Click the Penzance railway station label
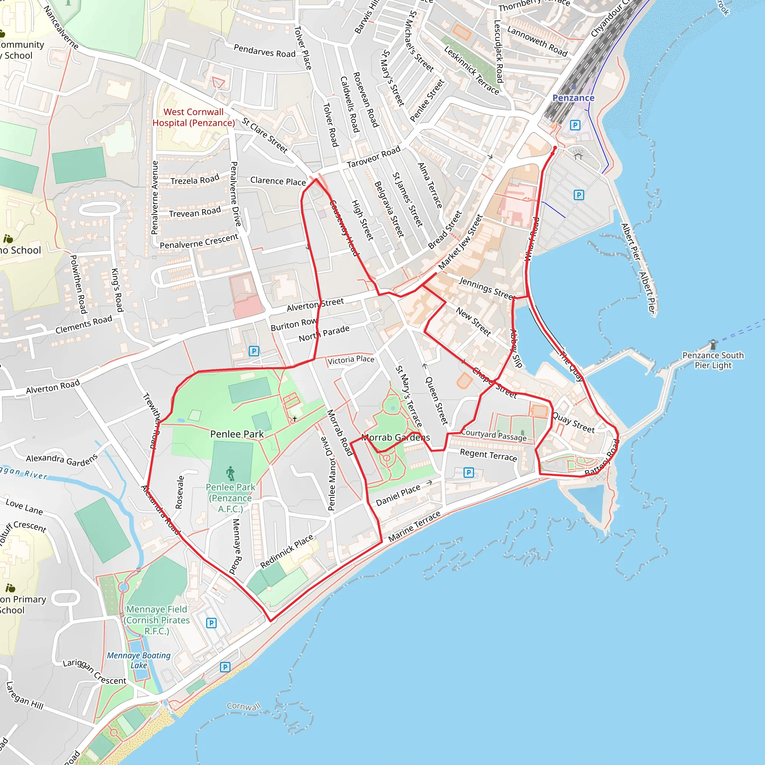(x=573, y=98)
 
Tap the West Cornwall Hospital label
(x=193, y=118)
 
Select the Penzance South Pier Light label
(x=713, y=360)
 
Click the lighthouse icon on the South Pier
(x=713, y=344)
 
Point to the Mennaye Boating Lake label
(x=139, y=660)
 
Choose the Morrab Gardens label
(x=395, y=437)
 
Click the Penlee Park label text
(x=237, y=434)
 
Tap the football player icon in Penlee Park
(x=230, y=474)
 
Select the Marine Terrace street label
(x=414, y=526)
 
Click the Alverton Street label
(x=315, y=304)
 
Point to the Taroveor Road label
(x=374, y=157)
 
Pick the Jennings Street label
(x=487, y=288)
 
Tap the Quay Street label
(x=573, y=423)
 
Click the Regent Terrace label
(x=488, y=455)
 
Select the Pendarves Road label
(x=264, y=51)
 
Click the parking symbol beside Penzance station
(x=575, y=126)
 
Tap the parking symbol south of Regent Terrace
(x=468, y=473)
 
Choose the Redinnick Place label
(x=287, y=551)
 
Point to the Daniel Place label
(x=398, y=495)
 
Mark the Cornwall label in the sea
(x=244, y=706)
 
